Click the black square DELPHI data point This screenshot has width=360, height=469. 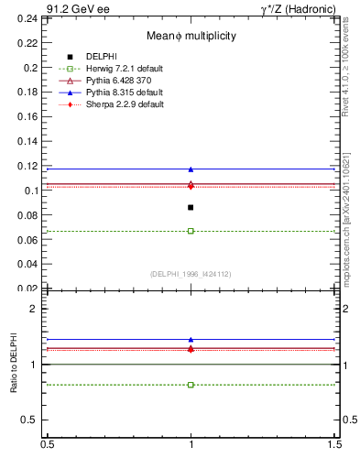[191, 207]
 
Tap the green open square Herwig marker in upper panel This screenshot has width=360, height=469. [191, 231]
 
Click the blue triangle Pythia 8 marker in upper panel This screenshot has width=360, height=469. [191, 169]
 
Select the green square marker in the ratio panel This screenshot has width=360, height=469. [191, 385]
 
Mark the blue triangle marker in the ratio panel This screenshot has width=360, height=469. [191, 340]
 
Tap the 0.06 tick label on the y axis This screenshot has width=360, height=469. [31, 239]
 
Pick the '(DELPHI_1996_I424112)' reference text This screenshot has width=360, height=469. [191, 273]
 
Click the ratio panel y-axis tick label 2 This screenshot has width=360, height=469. [37, 309]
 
